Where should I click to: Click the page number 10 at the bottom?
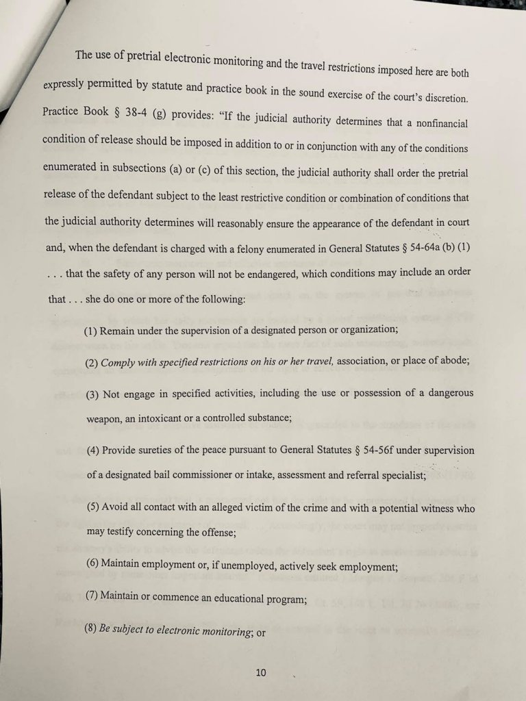[260, 672]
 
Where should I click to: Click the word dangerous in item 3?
[447, 393]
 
